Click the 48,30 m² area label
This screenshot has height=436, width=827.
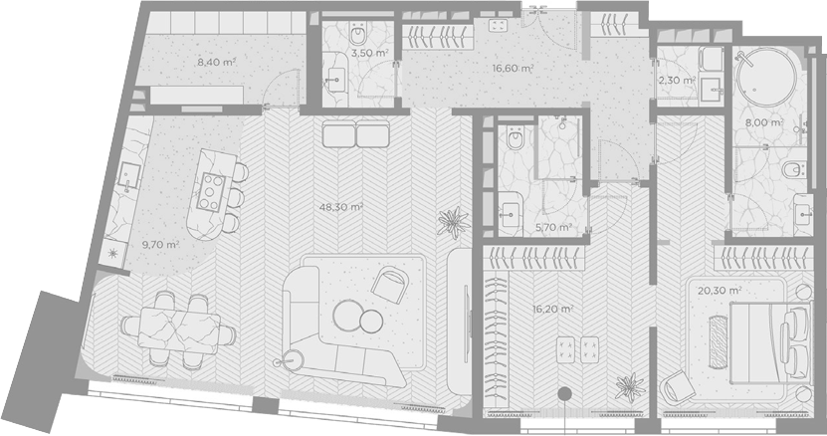pyautogui.click(x=340, y=207)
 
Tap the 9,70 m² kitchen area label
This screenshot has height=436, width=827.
pyautogui.click(x=161, y=245)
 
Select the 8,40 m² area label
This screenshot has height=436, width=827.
pyautogui.click(x=216, y=62)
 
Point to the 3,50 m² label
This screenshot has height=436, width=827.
pyautogui.click(x=370, y=53)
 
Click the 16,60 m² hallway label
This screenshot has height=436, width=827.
pyautogui.click(x=513, y=68)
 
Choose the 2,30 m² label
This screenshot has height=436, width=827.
pyautogui.click(x=677, y=81)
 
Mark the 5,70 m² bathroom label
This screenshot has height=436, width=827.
pyautogui.click(x=553, y=228)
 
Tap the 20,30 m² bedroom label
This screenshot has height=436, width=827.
pyautogui.click(x=720, y=291)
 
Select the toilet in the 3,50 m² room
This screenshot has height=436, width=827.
pyautogui.click(x=358, y=35)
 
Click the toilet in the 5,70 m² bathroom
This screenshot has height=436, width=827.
pyautogui.click(x=514, y=138)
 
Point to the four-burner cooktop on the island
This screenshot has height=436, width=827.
pyautogui.click(x=212, y=190)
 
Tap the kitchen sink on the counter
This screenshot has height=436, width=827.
pyautogui.click(x=128, y=176)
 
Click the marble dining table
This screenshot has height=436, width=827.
pyautogui.click(x=179, y=328)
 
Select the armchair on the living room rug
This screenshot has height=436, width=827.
pyautogui.click(x=390, y=284)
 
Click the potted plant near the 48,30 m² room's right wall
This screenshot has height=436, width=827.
pyautogui.click(x=453, y=223)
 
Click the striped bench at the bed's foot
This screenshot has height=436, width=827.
pyautogui.click(x=718, y=341)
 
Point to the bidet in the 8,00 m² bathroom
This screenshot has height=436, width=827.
pyautogui.click(x=793, y=170)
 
